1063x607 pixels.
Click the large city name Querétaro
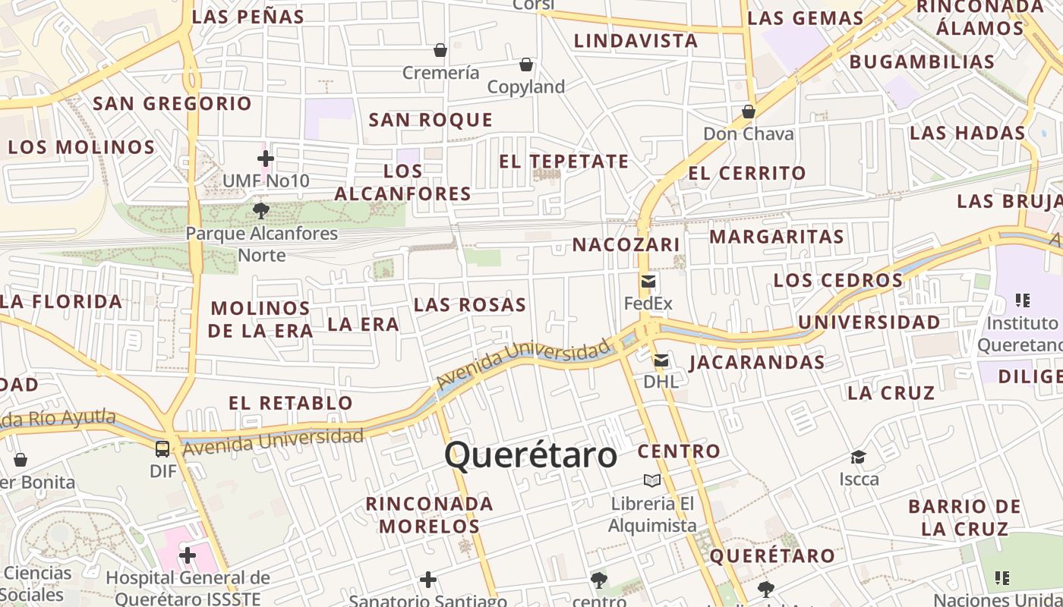(530, 455)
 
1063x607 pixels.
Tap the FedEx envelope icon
(648, 281)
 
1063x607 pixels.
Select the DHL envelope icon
(661, 360)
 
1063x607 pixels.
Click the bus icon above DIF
(162, 448)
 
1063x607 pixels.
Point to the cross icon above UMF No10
(265, 159)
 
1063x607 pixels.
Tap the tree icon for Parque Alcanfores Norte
(261, 210)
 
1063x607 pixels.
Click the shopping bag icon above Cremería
(440, 50)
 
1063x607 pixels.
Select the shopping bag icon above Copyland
(525, 64)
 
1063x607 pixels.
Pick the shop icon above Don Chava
(749, 112)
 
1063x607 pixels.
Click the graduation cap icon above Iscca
(858, 457)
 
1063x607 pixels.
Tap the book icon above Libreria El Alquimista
(651, 480)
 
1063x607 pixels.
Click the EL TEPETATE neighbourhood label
(563, 162)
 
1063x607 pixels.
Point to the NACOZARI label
(626, 245)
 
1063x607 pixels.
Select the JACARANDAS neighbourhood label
(757, 363)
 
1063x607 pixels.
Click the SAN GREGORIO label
(172, 104)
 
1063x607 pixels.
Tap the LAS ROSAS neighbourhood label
(470, 305)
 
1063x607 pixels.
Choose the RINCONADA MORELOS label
(430, 514)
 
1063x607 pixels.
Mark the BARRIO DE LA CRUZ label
(965, 517)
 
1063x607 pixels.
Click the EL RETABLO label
(291, 403)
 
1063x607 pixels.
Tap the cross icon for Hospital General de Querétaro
(188, 556)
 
